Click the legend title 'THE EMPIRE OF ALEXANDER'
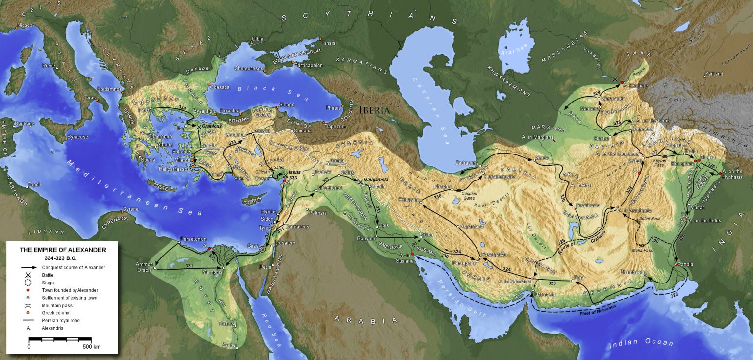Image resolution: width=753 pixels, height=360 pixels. tap(62, 250)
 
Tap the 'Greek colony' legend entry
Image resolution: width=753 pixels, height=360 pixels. tap(55, 313)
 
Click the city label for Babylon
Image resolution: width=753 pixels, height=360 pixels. tap(366, 239)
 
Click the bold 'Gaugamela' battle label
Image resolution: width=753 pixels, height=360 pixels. tap(376, 180)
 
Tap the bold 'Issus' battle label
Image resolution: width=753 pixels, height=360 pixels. tap(294, 172)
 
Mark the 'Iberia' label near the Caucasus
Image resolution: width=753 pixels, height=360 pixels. tap(375, 110)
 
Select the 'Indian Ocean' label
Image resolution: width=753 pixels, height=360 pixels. tap(641, 343)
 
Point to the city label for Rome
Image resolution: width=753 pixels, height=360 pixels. tap(49, 66)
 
